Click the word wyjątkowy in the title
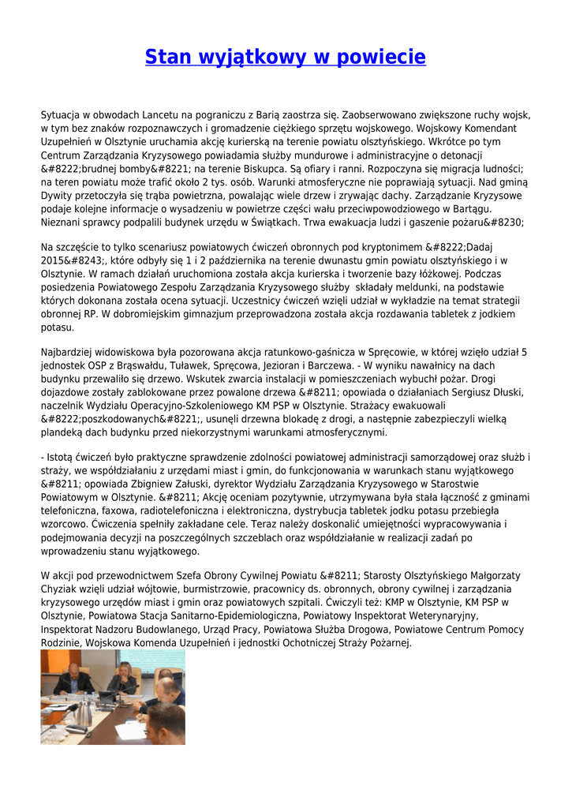(x=245, y=57)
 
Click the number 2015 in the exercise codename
(x=55, y=260)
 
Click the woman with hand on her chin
(x=125, y=681)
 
